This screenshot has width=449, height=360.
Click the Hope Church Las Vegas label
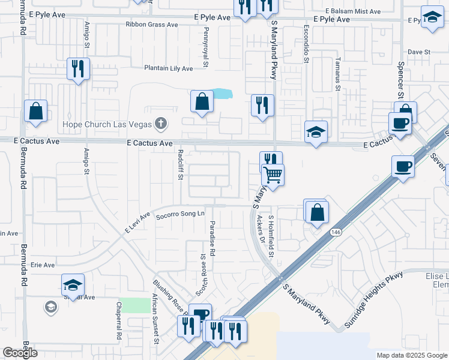coord(106,125)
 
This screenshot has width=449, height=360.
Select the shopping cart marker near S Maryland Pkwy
coord(273,176)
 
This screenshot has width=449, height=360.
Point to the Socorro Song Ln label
coord(180,214)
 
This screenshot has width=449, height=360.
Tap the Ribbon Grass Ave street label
coord(152,25)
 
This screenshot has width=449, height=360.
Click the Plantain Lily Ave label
coord(168,68)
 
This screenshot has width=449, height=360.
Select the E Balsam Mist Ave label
coord(353,11)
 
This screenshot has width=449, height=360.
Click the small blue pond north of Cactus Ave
coord(221,94)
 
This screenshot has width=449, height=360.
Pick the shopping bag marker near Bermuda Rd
coord(35,111)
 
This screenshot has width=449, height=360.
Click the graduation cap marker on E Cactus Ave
coord(316,132)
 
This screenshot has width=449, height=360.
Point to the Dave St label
coord(419,52)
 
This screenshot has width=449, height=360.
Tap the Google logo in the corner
coord(20,353)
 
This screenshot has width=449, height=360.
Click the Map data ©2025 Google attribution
coord(412,355)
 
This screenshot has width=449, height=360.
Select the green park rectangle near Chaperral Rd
coord(134,305)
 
